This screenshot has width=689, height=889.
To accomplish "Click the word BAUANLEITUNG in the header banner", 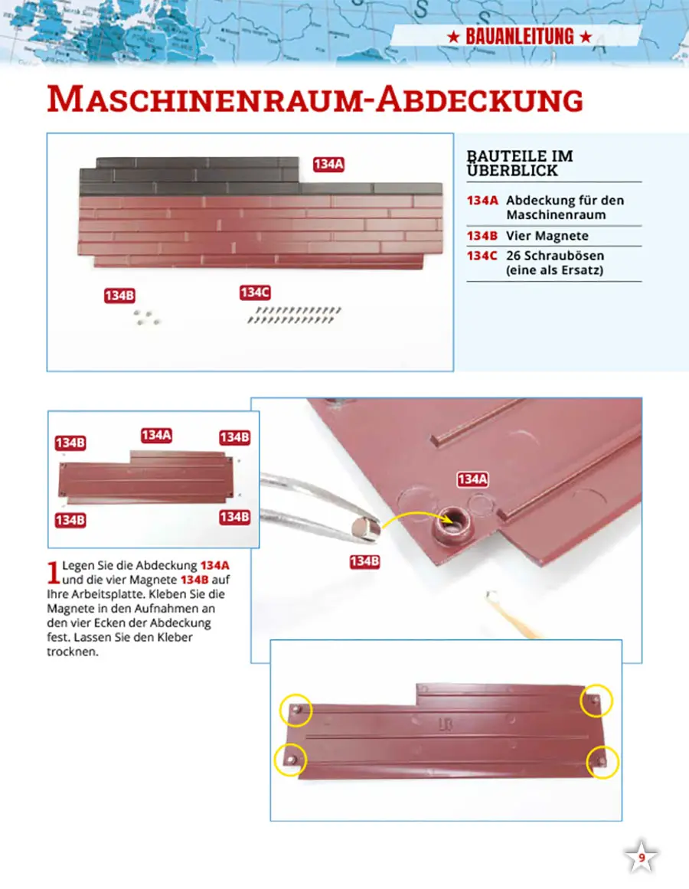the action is point(520,37).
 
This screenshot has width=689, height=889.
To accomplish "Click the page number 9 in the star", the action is point(642,858).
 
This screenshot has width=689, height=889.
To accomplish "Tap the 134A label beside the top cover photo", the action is point(328,165).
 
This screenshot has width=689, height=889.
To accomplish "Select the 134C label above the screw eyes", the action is point(255,293).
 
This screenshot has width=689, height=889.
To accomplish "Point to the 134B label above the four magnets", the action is point(119,296).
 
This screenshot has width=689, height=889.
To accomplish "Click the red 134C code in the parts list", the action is point(482,256).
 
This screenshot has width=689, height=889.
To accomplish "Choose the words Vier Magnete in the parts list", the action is point(547,236).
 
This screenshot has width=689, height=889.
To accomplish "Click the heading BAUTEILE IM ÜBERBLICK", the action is point(520,163).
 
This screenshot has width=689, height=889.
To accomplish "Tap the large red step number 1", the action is point(54,572).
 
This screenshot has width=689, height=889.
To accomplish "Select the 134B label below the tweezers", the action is point(364,561).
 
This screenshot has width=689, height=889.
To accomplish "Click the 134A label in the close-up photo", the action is point(472,479).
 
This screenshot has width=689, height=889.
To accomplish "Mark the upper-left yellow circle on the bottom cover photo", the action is point(296,710).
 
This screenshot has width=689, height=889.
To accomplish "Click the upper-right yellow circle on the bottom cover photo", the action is point(596,701).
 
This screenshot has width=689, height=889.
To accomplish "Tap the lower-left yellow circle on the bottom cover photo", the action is point(290,760).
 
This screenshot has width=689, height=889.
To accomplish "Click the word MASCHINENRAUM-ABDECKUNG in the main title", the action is point(315,100).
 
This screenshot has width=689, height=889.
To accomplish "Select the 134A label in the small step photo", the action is point(156,436).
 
